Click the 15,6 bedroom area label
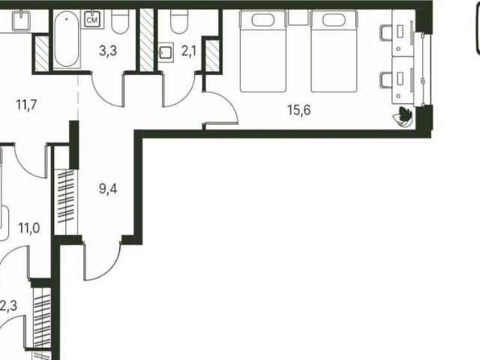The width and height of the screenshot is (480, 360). point(298,110)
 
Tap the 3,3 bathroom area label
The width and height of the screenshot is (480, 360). point(108,51)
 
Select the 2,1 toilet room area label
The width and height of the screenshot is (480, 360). point(188,52)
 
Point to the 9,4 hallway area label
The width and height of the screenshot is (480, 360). point(108,189)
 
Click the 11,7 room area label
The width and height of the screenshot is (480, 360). point(27,105)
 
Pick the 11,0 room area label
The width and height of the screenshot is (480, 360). point(28,228)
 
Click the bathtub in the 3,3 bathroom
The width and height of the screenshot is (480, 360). point(67,39)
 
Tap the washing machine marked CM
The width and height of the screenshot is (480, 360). point(92,19)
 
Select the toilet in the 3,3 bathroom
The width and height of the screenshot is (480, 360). point(120,22)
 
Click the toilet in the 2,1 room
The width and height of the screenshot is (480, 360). point(179,22)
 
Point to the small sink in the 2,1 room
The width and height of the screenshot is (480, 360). point(166,52)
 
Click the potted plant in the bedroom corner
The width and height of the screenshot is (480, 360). point(403,117)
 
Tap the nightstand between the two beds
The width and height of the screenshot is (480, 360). point(298,17)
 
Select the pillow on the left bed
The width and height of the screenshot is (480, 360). point(263,20)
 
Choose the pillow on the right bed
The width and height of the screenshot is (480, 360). point(334,20)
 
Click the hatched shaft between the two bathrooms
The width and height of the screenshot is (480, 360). point(147,40)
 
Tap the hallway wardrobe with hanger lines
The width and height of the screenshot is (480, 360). point(66,202)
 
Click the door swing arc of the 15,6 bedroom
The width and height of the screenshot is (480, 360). point(228,101)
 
